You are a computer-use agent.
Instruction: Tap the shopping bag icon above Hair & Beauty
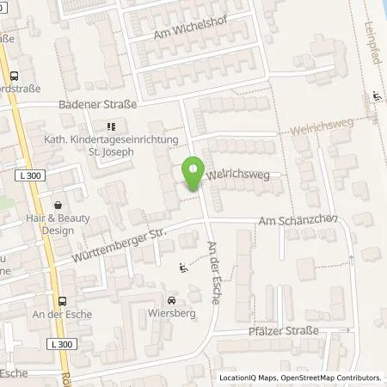[x=58, y=206]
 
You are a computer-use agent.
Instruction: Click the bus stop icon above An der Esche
[x=61, y=301]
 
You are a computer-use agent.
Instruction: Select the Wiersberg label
[x=173, y=314]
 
